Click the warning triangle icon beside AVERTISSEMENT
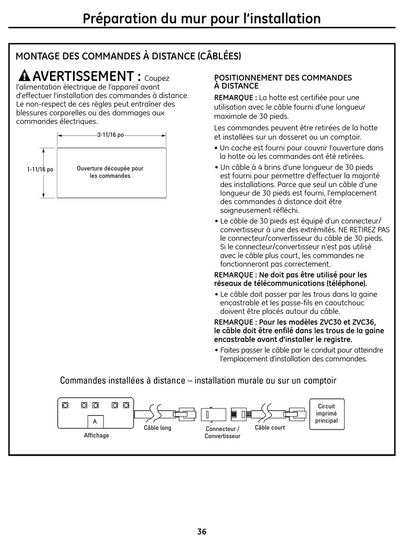pyautogui.click(x=25, y=76)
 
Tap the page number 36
pyautogui.click(x=202, y=531)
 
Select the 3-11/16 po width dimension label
pyautogui.click(x=110, y=135)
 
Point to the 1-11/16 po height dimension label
pyautogui.click(x=40, y=170)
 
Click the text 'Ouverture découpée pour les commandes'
pyautogui.click(x=110, y=172)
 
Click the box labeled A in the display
pyautogui.click(x=95, y=421)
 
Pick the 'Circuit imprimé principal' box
pyautogui.click(x=327, y=414)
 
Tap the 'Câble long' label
pyautogui.click(x=157, y=428)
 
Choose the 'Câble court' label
pyautogui.click(x=270, y=427)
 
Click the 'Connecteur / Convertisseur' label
pyautogui.click(x=222, y=433)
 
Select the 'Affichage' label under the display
pyautogui.click(x=96, y=436)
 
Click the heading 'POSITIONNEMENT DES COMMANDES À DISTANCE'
pyautogui.click(x=283, y=82)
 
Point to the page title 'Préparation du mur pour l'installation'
pyautogui.click(x=202, y=18)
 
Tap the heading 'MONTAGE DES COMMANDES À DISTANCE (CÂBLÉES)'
pyautogui.click(x=128, y=56)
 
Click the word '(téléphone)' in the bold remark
pyautogui.click(x=346, y=283)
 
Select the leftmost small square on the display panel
pyautogui.click(x=65, y=405)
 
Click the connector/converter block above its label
pyautogui.click(x=213, y=414)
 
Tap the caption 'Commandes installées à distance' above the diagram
pyautogui.click(x=198, y=380)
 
